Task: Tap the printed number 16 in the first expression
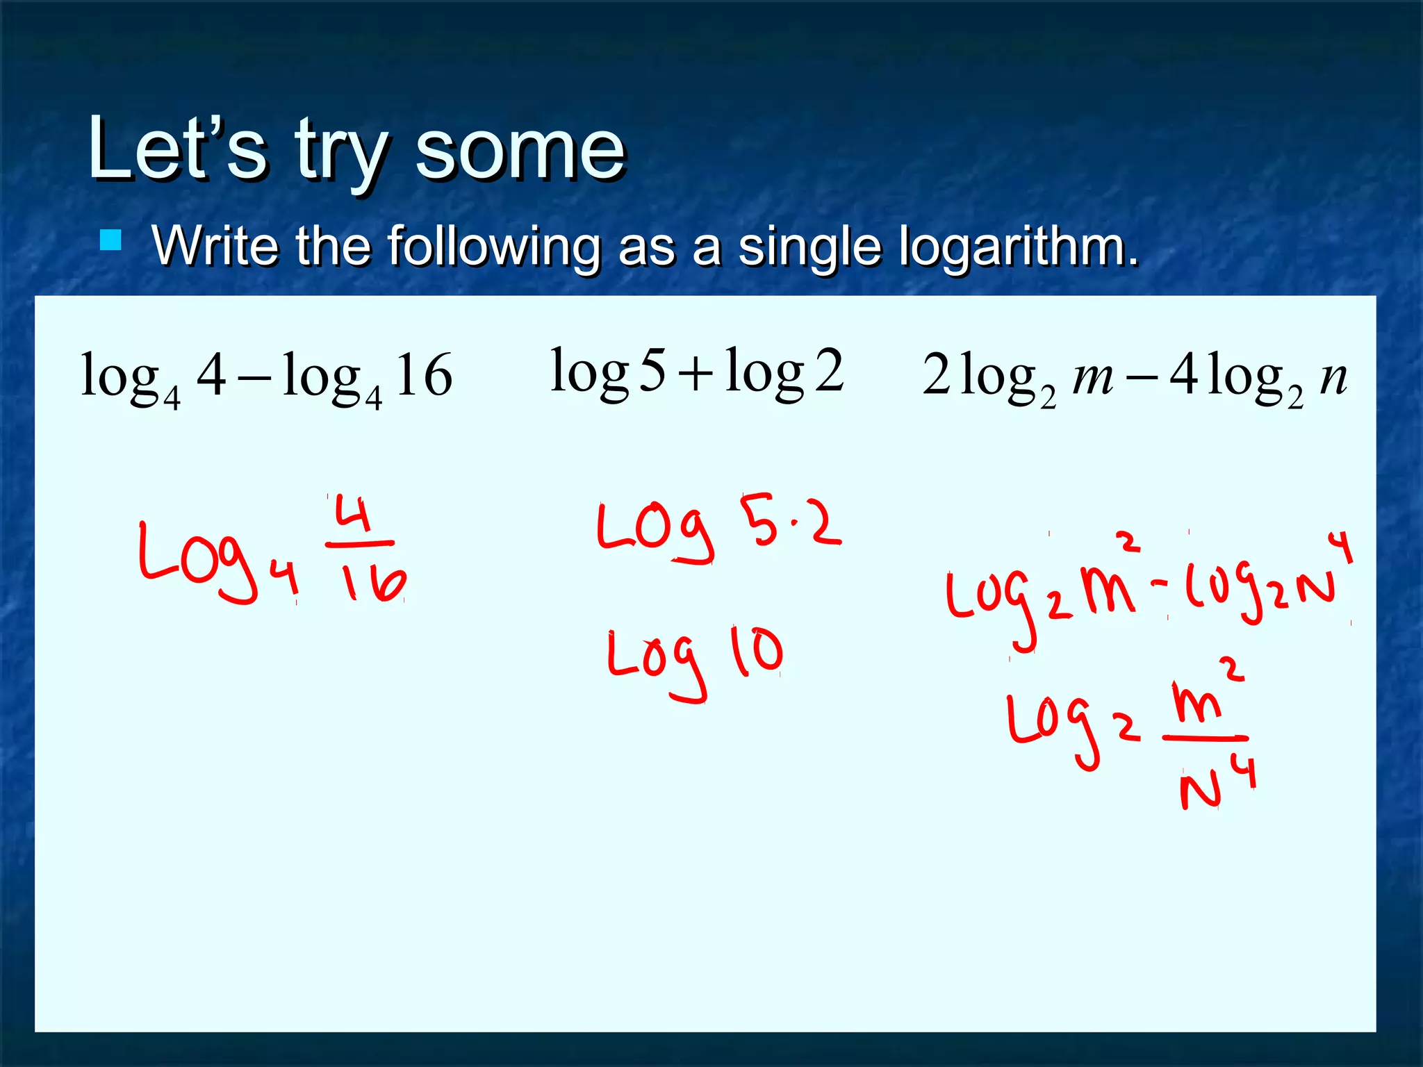(424, 375)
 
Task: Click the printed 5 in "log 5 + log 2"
(652, 371)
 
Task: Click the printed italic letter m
(1093, 378)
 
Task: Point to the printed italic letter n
(1333, 378)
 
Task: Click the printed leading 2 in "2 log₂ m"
(936, 375)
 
